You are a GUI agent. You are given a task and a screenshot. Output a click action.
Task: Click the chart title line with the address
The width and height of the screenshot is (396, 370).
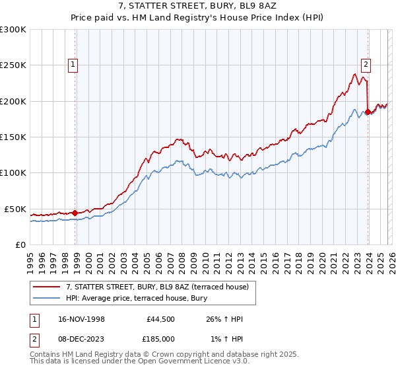(198, 6)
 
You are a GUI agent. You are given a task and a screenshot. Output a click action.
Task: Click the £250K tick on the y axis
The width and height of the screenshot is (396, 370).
(13, 65)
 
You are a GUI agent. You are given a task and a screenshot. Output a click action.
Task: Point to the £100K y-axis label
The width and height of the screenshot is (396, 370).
(13, 172)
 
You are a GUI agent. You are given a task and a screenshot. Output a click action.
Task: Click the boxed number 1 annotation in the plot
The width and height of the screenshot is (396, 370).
(72, 65)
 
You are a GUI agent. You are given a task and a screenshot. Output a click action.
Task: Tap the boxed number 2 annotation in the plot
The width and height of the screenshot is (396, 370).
(365, 65)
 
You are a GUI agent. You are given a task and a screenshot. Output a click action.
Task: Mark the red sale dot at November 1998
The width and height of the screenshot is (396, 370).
(75, 213)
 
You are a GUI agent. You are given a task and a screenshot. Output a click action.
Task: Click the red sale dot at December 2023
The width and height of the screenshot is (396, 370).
(368, 112)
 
